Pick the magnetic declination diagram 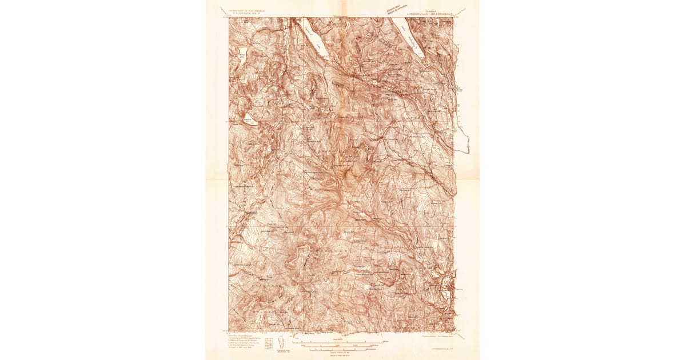tap(281, 343)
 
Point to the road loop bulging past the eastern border tap(464, 140)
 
